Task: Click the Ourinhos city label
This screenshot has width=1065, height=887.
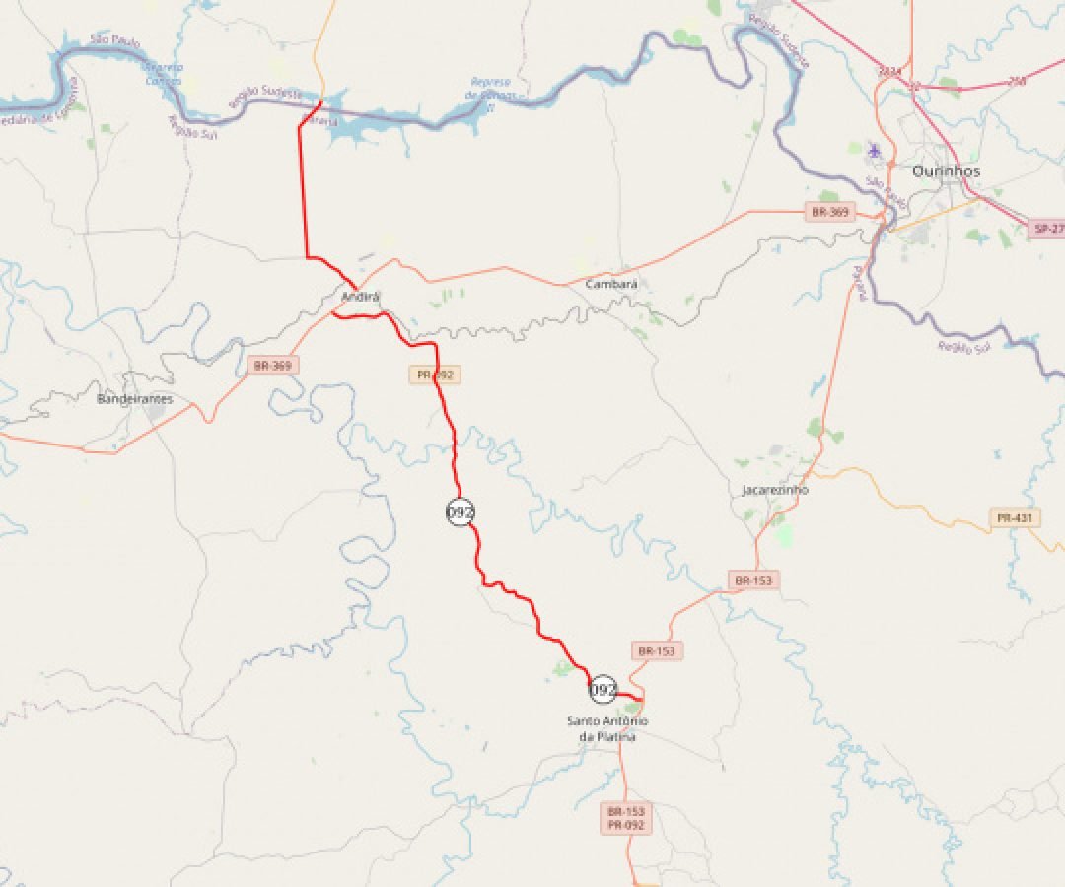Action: pyautogui.click(x=946, y=171)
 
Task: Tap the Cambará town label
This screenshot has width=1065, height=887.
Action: pyautogui.click(x=611, y=284)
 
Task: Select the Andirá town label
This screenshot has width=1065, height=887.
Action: pyautogui.click(x=360, y=297)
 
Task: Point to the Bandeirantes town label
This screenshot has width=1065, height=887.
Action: pyautogui.click(x=134, y=399)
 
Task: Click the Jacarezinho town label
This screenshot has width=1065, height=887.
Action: pyautogui.click(x=775, y=490)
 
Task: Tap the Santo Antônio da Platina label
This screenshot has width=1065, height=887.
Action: pyautogui.click(x=607, y=728)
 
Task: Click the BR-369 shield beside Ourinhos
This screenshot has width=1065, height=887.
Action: pyautogui.click(x=829, y=212)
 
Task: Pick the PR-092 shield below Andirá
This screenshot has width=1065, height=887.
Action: pyautogui.click(x=435, y=375)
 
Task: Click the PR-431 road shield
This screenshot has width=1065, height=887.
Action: pyautogui.click(x=1016, y=517)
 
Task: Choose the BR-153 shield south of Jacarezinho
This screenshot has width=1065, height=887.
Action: pyautogui.click(x=754, y=581)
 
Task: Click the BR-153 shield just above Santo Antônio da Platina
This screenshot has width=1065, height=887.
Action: pyautogui.click(x=657, y=650)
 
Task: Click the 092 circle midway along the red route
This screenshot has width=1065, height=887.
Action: pyautogui.click(x=461, y=512)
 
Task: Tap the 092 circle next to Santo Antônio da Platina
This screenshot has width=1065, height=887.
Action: pyautogui.click(x=603, y=689)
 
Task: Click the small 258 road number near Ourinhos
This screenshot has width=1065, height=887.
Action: pyautogui.click(x=1016, y=80)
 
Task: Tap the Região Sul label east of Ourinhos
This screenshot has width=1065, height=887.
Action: pyautogui.click(x=964, y=346)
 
